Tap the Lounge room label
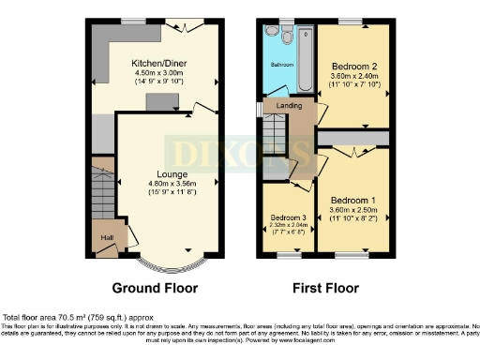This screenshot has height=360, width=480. click(158, 174)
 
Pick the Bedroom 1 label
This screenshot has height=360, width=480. click(352, 201)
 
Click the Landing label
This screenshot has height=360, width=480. click(288, 106)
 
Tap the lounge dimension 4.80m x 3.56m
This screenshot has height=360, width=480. click(158, 184)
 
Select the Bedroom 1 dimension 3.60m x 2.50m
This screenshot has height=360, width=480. click(352, 211)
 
